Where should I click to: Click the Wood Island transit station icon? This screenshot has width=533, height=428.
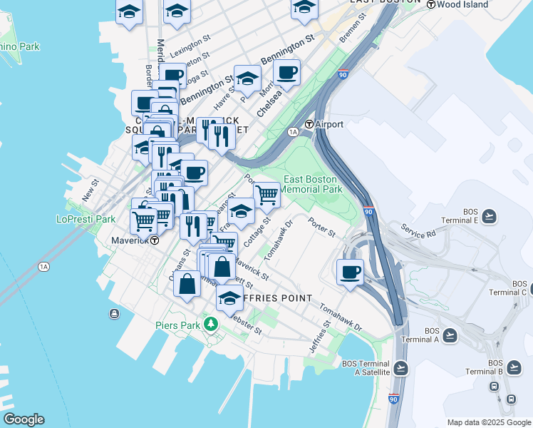pos(431,4)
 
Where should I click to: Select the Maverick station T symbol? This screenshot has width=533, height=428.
pos(154,240)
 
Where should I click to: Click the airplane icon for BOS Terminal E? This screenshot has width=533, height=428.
pos(489,215)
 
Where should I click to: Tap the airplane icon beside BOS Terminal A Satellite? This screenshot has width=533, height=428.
pos(400,367)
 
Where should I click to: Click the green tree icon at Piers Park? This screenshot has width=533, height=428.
pos(210,325)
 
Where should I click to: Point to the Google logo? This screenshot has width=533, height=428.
pos(24,419)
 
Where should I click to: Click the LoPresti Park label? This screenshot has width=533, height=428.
pos(86,219)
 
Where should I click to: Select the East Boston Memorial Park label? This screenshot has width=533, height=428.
pos(313,184)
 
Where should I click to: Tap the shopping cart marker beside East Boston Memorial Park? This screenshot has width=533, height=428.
pos(266,193)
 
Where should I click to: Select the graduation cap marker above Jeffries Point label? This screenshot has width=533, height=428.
pos(229,298)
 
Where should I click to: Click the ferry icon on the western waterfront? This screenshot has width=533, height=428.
pos(114,314)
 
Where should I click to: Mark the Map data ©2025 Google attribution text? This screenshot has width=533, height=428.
pos(487,422)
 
